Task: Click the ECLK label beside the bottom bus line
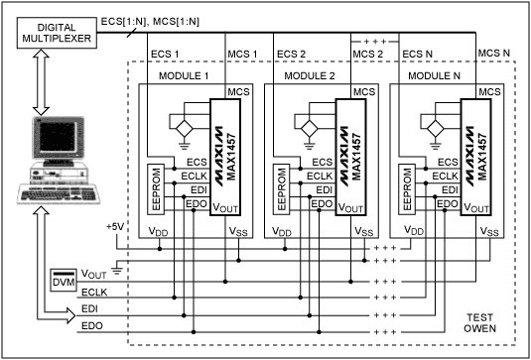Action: coord(95,294)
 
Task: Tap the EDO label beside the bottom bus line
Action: coord(92,324)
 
